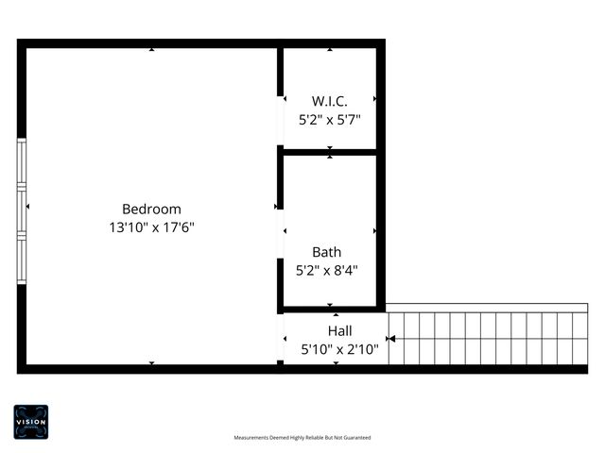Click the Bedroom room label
pyautogui.click(x=151, y=209)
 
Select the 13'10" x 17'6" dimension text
pyautogui.click(x=151, y=226)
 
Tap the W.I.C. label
pyautogui.click(x=330, y=100)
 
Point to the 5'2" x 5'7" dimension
pyautogui.click(x=330, y=119)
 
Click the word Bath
pyautogui.click(x=327, y=252)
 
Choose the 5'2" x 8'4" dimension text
pyautogui.click(x=327, y=270)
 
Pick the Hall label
pyautogui.click(x=339, y=330)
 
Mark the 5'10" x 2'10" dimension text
pyautogui.click(x=339, y=349)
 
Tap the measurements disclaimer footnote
pyautogui.click(x=302, y=438)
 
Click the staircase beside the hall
pyautogui.click(x=487, y=337)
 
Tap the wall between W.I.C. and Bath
pyautogui.click(x=330, y=151)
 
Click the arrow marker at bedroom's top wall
pyautogui.click(x=152, y=50)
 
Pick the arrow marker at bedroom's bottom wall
pyautogui.click(x=152, y=362)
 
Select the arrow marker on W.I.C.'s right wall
pyautogui.click(x=375, y=98)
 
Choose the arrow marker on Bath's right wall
pyautogui.click(x=375, y=230)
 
